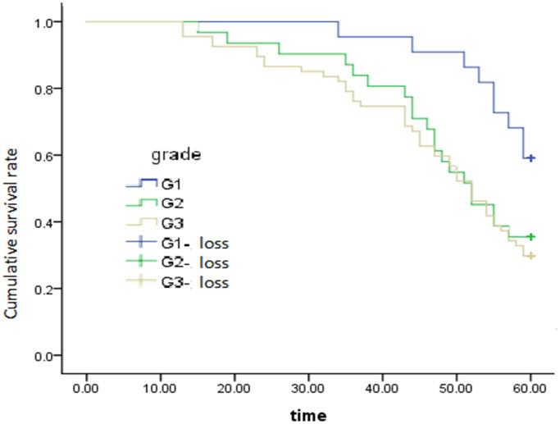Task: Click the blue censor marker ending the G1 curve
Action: [x=531, y=157]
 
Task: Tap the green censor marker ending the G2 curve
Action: [x=531, y=236]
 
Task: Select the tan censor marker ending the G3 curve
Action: [x=531, y=256]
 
